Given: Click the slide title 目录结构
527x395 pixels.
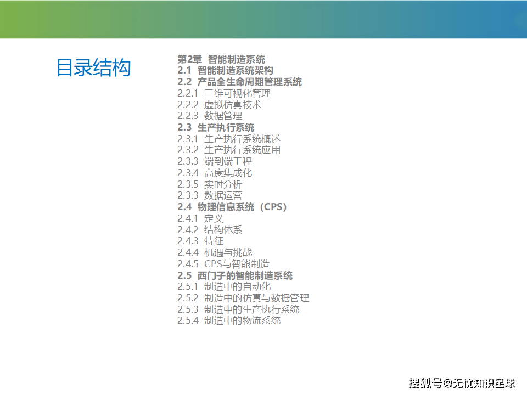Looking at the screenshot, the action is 93,67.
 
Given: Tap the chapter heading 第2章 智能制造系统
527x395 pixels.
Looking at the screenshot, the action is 221,59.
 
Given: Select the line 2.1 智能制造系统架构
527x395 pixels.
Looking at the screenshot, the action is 225,71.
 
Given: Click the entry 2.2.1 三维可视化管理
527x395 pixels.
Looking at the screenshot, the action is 224,93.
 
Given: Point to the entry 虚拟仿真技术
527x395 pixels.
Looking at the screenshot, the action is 233,105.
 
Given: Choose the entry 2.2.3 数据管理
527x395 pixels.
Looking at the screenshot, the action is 210,116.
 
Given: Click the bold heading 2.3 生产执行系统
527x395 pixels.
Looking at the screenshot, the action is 216,128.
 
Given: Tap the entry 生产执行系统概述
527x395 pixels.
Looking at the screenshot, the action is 242,139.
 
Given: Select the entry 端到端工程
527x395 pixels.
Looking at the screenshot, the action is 228,161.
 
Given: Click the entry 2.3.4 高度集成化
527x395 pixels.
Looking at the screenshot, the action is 215,173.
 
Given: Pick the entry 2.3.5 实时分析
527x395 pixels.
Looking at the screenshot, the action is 210,184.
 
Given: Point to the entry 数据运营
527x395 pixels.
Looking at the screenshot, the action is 223,195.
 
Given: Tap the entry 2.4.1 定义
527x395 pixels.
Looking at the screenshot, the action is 200,218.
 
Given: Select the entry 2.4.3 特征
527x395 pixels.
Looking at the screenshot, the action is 200,241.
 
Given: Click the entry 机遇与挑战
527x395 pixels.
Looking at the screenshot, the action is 228,252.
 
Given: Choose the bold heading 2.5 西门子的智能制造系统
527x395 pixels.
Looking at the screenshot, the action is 235,276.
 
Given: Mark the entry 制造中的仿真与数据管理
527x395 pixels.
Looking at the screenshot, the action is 256,298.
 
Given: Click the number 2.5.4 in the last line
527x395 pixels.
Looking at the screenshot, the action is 188,320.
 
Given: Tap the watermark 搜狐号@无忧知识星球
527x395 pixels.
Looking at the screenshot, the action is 462,383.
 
